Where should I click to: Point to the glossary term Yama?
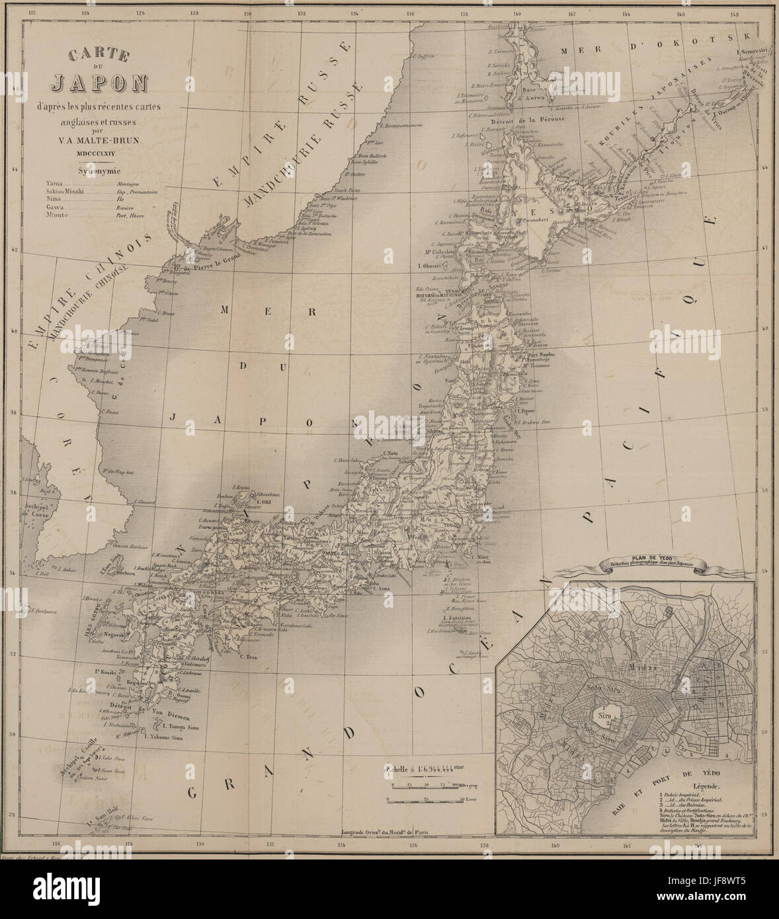pyautogui.click(x=54, y=182)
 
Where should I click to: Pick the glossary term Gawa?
pyautogui.click(x=55, y=207)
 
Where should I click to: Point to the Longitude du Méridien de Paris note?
pyautogui.click(x=384, y=832)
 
